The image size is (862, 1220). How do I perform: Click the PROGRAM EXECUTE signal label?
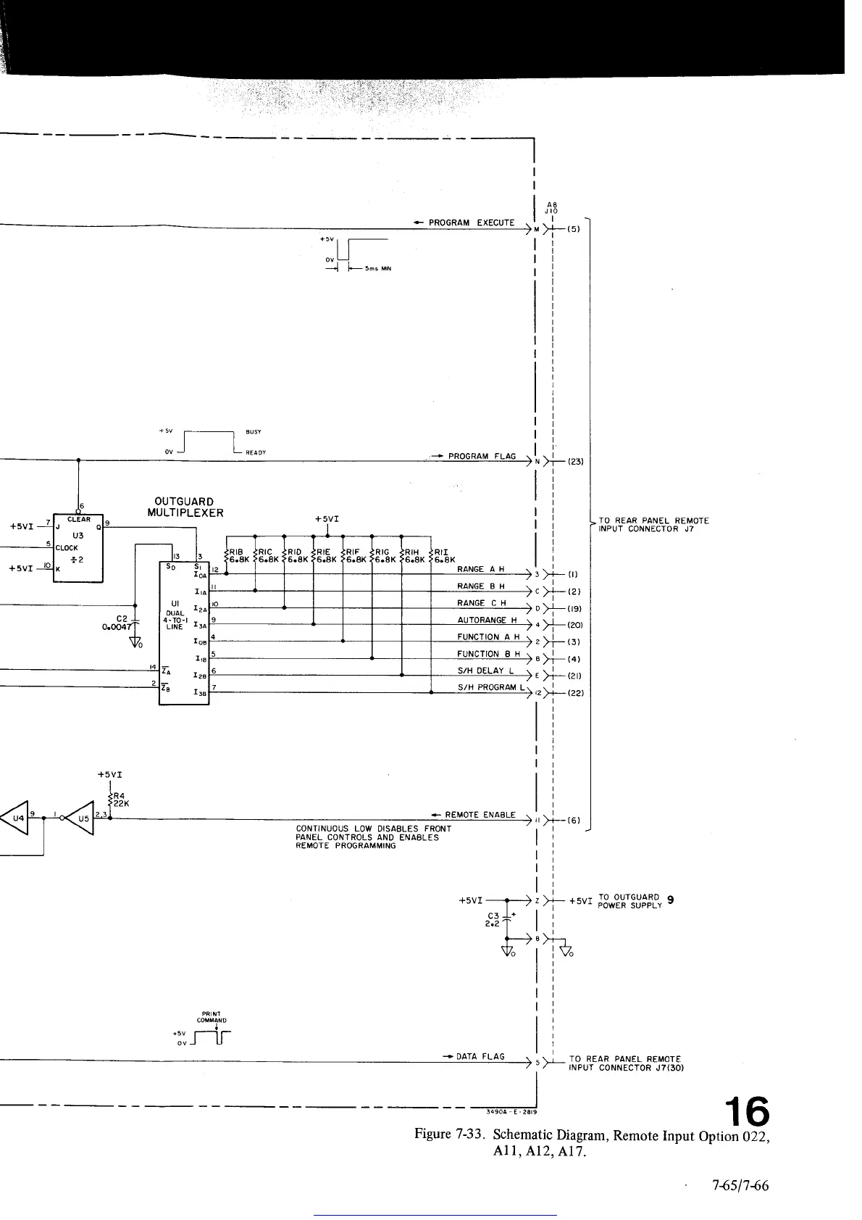[471, 223]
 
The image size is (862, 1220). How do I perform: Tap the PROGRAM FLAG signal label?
[482, 457]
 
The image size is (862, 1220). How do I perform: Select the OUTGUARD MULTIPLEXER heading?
[184, 507]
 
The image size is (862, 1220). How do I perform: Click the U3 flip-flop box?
[78, 548]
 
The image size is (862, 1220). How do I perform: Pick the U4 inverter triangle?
[18, 818]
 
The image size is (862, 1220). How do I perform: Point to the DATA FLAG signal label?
[480, 1056]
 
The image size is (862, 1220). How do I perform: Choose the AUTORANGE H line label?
[487, 620]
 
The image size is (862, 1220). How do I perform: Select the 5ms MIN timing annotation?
[377, 268]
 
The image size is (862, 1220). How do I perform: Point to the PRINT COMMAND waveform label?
[211, 1017]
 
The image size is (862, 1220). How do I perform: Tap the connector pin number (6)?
[573, 821]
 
